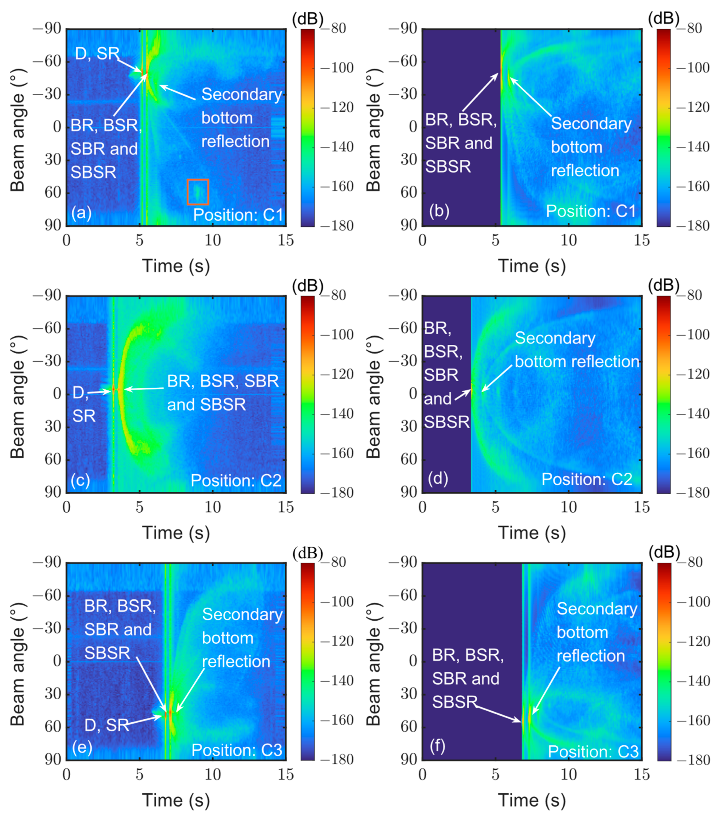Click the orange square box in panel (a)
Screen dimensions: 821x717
coord(198,192)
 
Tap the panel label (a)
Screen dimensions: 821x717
coord(81,213)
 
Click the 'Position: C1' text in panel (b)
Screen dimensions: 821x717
coord(591,211)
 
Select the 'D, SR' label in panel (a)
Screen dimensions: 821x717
coord(97,53)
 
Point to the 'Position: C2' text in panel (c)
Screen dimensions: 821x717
coord(236,480)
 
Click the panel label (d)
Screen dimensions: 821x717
coord(438,479)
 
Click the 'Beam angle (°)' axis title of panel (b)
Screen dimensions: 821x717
coord(373,130)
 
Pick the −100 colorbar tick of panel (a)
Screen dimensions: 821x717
coord(337,68)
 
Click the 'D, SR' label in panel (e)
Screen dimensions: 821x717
coord(106,725)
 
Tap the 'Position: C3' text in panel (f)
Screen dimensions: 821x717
coord(593,751)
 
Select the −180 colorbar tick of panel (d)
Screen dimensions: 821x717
coord(693,493)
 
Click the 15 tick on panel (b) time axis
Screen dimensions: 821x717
coord(641,240)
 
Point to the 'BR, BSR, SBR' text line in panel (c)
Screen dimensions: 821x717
coord(222,381)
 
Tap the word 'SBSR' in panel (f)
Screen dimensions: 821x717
coord(455,702)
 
